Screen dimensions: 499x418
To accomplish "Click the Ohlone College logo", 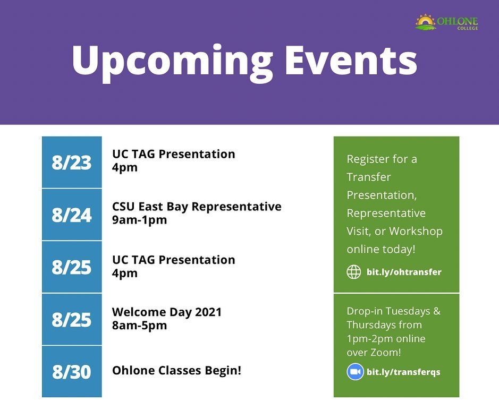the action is pyautogui.click(x=446, y=22).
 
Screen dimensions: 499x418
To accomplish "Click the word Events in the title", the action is pyautogui.click(x=351, y=60).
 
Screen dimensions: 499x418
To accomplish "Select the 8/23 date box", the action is pyautogui.click(x=72, y=162).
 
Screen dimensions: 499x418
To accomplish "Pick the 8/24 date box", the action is pyautogui.click(x=72, y=215).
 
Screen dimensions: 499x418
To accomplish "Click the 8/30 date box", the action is pyautogui.click(x=72, y=372).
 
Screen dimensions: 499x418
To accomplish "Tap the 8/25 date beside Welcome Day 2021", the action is pyautogui.click(x=72, y=319).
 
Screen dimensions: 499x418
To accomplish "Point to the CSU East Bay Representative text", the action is pyautogui.click(x=197, y=207).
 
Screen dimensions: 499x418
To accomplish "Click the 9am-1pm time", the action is pyautogui.click(x=139, y=220).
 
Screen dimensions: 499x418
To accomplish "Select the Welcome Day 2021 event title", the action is pyautogui.click(x=167, y=312).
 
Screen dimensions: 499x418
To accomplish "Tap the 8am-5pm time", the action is pyautogui.click(x=139, y=326).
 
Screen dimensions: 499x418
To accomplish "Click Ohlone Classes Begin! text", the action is pyautogui.click(x=176, y=371).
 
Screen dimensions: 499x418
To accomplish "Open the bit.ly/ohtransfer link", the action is pyautogui.click(x=404, y=272).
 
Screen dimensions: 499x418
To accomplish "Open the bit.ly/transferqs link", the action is pyautogui.click(x=403, y=372).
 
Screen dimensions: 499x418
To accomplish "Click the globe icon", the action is pyautogui.click(x=354, y=272).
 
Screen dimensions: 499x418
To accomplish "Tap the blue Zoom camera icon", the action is pyautogui.click(x=355, y=372).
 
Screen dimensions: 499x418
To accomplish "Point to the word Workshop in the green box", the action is pyautogui.click(x=416, y=231).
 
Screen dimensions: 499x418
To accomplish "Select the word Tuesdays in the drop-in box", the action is pyautogui.click(x=408, y=311).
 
